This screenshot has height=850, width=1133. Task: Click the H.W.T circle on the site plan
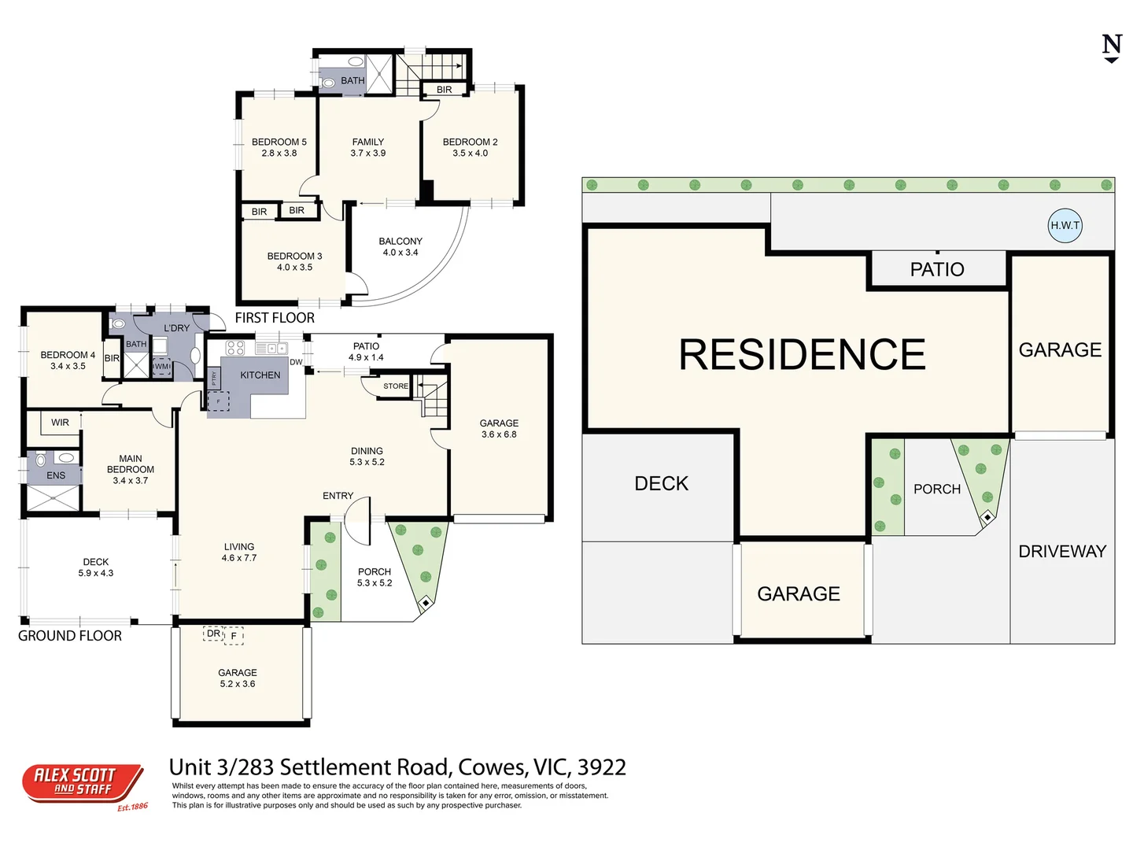pyautogui.click(x=1065, y=225)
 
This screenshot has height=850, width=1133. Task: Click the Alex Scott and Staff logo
pyautogui.click(x=83, y=784)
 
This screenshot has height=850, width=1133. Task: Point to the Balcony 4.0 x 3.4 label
pyautogui.click(x=400, y=246)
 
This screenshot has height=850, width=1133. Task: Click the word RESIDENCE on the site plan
pyautogui.click(x=802, y=354)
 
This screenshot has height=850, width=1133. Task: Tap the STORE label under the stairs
pyautogui.click(x=396, y=386)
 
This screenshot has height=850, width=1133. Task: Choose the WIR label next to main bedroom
pyautogui.click(x=61, y=423)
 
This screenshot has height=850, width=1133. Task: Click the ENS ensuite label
pyautogui.click(x=56, y=475)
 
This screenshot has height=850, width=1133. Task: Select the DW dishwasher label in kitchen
pyautogui.click(x=296, y=362)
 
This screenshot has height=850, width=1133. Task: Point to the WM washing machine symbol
pyautogui.click(x=161, y=367)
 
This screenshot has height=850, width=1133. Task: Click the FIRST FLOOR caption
pyautogui.click(x=275, y=318)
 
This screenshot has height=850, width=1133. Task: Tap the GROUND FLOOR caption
pyautogui.click(x=70, y=636)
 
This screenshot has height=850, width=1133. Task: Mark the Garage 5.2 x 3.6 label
pyautogui.click(x=238, y=678)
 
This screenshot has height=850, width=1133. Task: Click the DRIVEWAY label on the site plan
pyautogui.click(x=1062, y=551)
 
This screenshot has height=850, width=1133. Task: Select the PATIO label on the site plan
pyautogui.click(x=937, y=270)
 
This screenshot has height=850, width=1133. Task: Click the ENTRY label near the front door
pyautogui.click(x=338, y=496)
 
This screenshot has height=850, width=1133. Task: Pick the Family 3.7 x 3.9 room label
pyautogui.click(x=368, y=147)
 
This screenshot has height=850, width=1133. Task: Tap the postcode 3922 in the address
pyautogui.click(x=602, y=767)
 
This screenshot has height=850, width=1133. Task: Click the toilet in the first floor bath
pyautogui.click(x=330, y=82)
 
